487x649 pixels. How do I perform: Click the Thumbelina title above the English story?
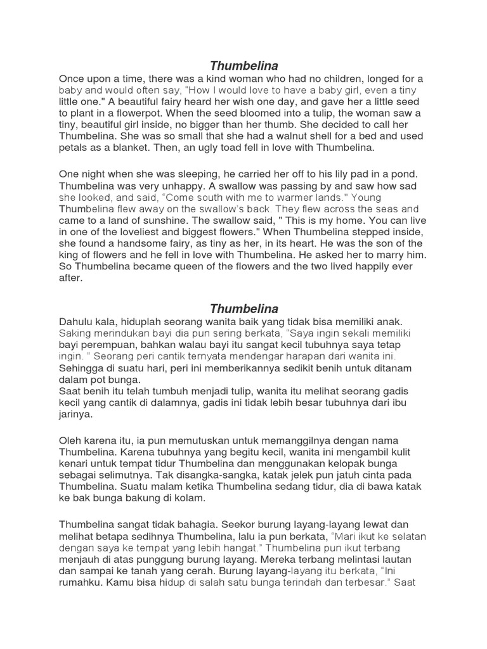(244, 66)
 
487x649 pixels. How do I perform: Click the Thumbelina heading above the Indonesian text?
(244, 309)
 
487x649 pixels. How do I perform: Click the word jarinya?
(75, 414)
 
